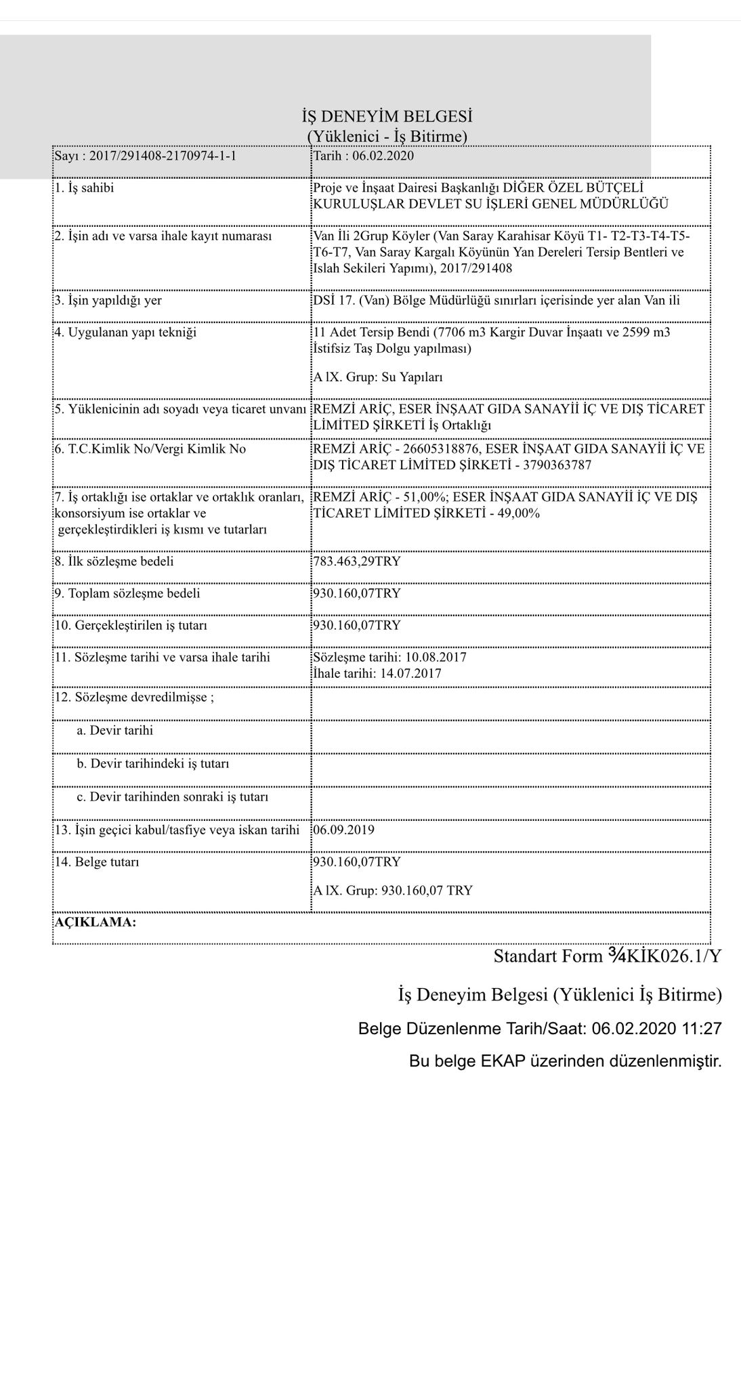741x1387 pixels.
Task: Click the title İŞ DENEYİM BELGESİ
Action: [x=387, y=116]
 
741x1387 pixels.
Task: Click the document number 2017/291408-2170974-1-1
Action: [x=158, y=156]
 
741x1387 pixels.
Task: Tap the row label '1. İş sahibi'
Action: [x=85, y=188]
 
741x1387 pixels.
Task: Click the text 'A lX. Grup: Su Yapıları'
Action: [x=377, y=377]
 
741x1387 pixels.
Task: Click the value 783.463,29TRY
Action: [x=357, y=561]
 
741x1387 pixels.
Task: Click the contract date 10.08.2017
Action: [x=436, y=658]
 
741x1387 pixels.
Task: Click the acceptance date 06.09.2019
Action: [x=343, y=830]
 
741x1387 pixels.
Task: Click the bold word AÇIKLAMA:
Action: [x=95, y=922]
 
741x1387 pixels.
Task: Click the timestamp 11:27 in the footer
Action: [x=701, y=1029]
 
